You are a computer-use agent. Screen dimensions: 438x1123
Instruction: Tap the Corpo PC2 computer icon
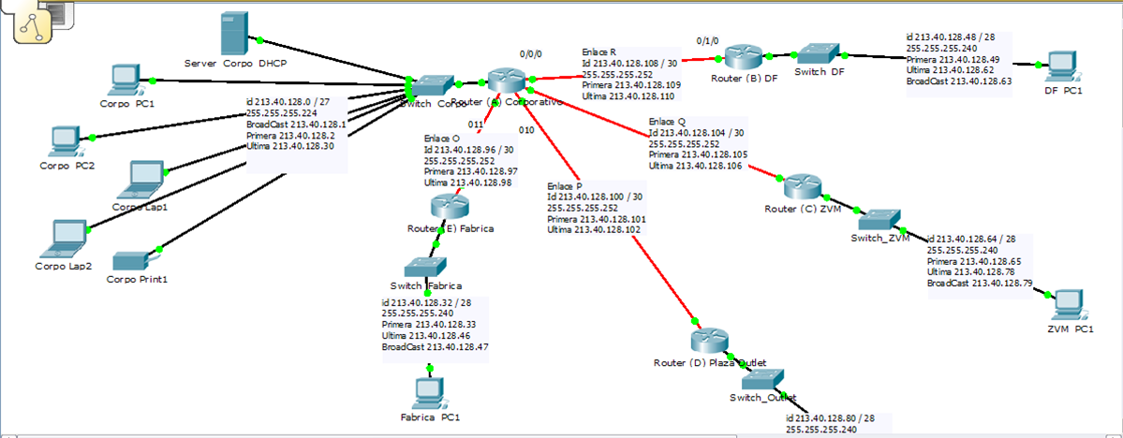(x=63, y=140)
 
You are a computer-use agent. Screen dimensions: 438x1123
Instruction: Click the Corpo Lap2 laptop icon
(x=66, y=235)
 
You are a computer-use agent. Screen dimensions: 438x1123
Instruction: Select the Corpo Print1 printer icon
(x=130, y=259)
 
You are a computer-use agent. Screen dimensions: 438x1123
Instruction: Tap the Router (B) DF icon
(x=745, y=56)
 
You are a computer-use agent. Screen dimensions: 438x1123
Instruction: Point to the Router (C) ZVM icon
(x=803, y=185)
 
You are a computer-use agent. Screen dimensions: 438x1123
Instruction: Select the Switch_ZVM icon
(x=879, y=219)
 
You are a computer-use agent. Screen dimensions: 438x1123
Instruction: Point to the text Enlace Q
(x=667, y=122)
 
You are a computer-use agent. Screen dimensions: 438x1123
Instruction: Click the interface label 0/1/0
(x=709, y=40)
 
